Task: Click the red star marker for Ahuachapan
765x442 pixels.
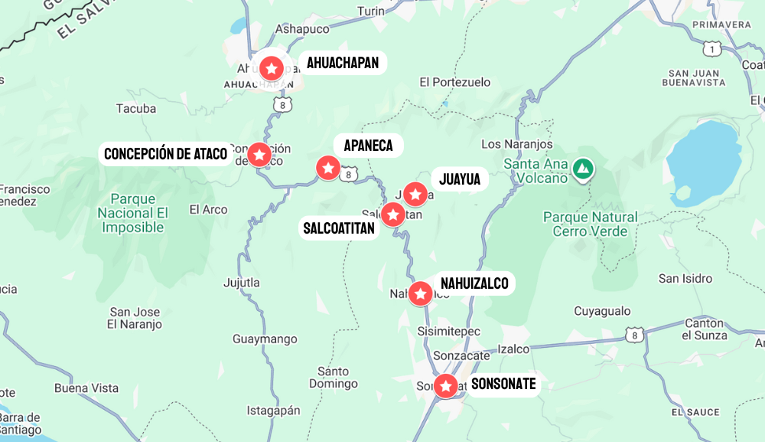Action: (x=272, y=67)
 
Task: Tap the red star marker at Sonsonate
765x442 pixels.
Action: (x=445, y=385)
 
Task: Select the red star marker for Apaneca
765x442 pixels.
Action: (x=328, y=167)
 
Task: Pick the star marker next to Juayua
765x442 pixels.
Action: (x=415, y=195)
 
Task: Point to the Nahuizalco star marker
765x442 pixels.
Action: (x=420, y=293)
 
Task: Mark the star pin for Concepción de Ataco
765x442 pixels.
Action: (x=259, y=155)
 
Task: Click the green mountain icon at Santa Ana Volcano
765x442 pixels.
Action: (x=583, y=168)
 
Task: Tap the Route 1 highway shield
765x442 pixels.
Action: (x=713, y=49)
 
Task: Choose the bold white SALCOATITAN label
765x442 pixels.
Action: (x=339, y=228)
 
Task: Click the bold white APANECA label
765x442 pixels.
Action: (x=368, y=146)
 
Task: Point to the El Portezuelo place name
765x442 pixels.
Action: (x=455, y=82)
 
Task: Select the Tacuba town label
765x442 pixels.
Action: (x=136, y=109)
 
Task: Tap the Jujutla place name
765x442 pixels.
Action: (x=241, y=283)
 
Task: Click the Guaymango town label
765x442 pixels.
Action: (x=265, y=339)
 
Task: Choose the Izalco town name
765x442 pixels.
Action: (x=513, y=349)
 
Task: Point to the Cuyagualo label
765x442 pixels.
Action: (x=602, y=311)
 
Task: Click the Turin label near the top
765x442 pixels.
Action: (x=371, y=11)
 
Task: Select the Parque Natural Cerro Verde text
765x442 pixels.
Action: (x=590, y=224)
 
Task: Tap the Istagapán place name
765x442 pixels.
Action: (x=273, y=411)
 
